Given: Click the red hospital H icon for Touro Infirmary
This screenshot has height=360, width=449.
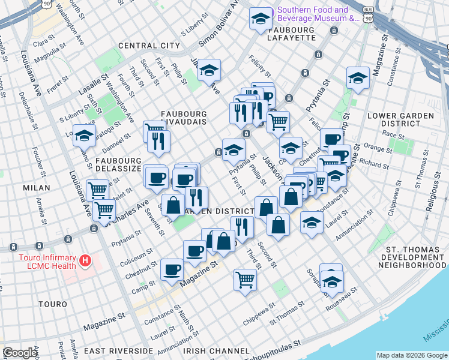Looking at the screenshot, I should coord(86,261).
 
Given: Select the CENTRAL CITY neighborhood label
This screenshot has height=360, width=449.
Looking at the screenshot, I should coord(149,46).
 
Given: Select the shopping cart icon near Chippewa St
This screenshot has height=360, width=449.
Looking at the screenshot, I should coord(245,279).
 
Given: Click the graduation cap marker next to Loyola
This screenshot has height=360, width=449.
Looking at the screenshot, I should coord(84,136).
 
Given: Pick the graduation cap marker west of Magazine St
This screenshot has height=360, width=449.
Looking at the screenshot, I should coord(358,78).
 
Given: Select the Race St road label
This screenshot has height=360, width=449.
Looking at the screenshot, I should coord(393,136).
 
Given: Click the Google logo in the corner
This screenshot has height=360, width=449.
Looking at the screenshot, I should coord(20,353).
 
